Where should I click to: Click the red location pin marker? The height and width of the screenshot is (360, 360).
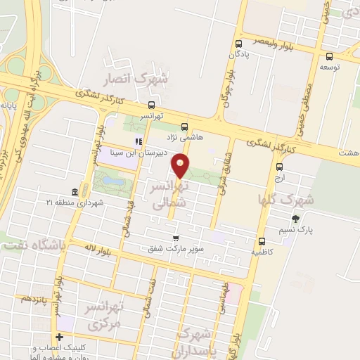point(181,165)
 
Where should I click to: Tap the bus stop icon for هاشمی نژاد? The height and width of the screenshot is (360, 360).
point(184,127)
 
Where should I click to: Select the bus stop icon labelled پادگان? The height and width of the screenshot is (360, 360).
point(237,42)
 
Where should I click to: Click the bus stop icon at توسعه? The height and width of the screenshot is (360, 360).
point(329,57)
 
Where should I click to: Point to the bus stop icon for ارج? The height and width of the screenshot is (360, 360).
point(280,167)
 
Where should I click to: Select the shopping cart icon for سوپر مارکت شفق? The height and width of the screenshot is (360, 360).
point(176,238)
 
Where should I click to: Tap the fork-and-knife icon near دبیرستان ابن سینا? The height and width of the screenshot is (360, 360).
point(138,141)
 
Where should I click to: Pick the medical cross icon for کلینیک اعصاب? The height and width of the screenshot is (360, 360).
point(60,337)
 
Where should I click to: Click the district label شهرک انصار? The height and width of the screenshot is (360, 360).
point(136,79)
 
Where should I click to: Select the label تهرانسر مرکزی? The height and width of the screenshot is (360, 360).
point(103,315)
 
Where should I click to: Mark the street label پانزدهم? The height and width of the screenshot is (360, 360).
point(34,298)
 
